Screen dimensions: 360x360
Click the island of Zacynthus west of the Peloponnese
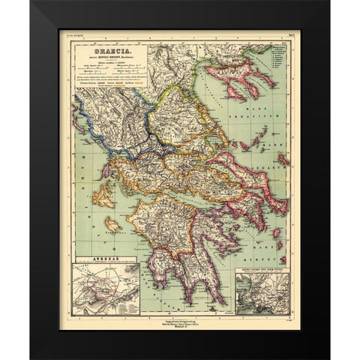click(x=113, y=223)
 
